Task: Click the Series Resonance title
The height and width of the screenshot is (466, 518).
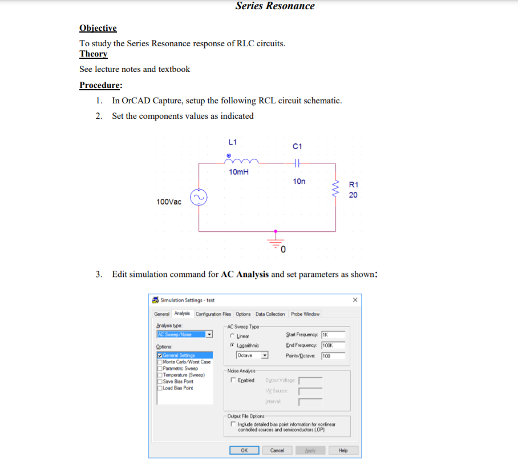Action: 274,6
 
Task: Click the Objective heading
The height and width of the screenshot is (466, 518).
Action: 98,28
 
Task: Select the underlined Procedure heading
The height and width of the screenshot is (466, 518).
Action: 100,85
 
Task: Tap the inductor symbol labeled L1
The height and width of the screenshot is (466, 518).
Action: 242,160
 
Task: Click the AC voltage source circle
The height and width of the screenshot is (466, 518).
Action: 199,198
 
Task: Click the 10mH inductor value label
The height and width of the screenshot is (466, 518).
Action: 238,172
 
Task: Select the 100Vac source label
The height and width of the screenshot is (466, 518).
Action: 168,202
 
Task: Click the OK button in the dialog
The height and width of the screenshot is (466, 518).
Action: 244,450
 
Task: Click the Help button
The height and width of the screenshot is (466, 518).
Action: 343,450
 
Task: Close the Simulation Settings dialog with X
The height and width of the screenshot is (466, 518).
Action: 355,300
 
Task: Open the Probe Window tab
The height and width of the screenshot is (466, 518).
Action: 305,314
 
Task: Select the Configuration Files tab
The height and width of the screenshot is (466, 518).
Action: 213,314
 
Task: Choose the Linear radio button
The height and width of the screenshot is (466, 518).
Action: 233,336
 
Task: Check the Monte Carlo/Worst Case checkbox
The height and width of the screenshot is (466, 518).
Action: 160,361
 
